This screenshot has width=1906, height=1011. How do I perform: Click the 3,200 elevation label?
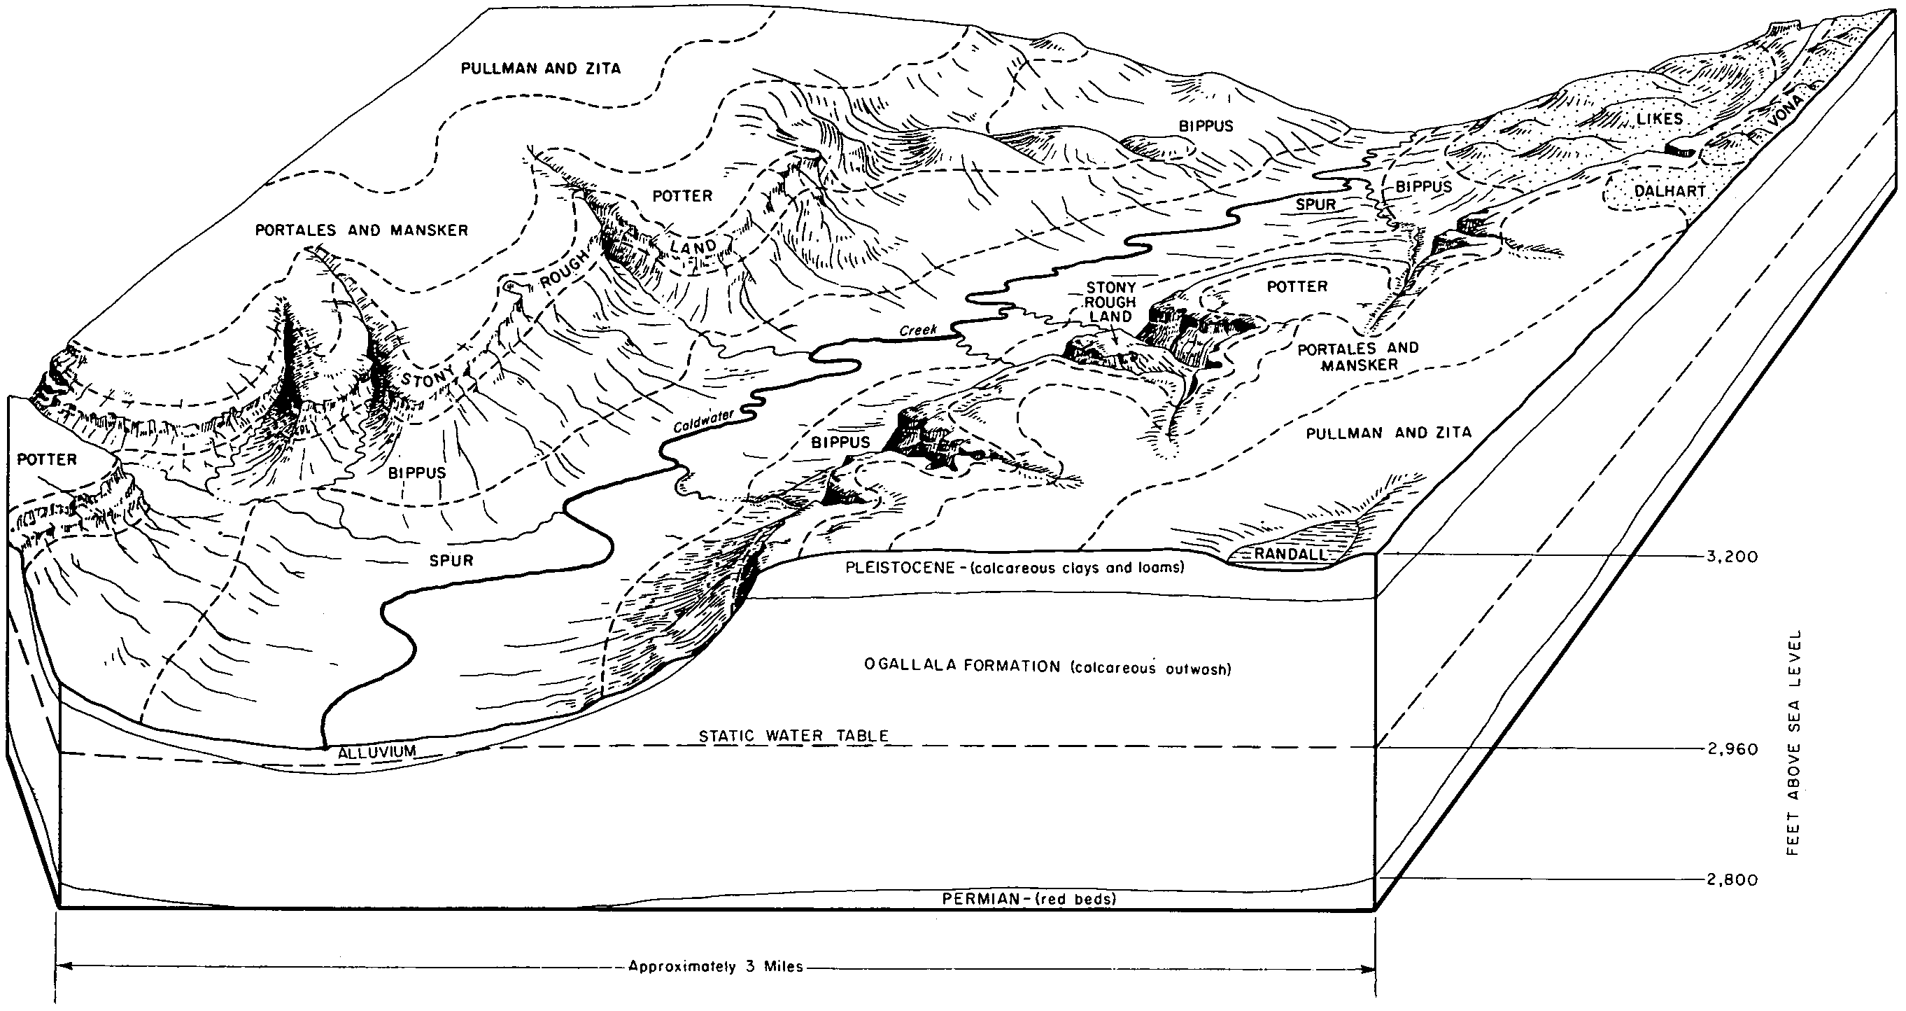pyautogui.click(x=1732, y=557)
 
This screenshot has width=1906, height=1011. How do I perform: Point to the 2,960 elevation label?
pyautogui.click(x=1732, y=749)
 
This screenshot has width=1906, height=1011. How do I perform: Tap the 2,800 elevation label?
pyautogui.click(x=1732, y=880)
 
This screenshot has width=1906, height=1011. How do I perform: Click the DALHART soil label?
pyautogui.click(x=1670, y=191)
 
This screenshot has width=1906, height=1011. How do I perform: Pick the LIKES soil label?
pyautogui.click(x=1660, y=119)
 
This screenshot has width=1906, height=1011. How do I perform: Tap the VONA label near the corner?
pyautogui.click(x=1786, y=119)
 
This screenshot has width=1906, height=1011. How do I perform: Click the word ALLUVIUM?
pyautogui.click(x=377, y=752)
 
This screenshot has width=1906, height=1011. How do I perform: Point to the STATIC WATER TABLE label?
pyautogui.click(x=793, y=736)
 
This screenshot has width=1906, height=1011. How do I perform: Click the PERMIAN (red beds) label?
pyautogui.click(x=1029, y=899)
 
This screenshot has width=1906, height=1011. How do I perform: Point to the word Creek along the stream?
pyautogui.click(x=918, y=330)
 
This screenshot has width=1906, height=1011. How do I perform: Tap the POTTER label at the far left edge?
pyautogui.click(x=47, y=459)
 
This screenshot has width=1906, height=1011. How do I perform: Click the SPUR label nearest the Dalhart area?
pyautogui.click(x=1315, y=204)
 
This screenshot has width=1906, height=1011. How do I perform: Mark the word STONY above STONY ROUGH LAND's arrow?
pyautogui.click(x=1110, y=287)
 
